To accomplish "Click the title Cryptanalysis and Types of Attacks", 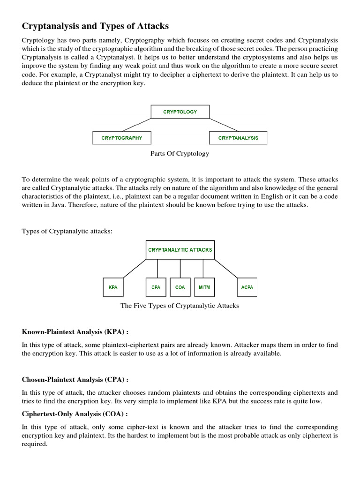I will [x=95, y=26].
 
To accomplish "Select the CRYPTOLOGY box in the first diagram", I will [x=180, y=112].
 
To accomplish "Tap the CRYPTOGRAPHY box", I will [x=121, y=138].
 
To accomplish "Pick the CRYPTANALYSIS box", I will [x=238, y=138].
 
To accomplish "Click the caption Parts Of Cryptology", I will [x=180, y=154].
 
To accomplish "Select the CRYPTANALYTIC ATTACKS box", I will [x=180, y=250].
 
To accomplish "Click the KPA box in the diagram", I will [x=113, y=287].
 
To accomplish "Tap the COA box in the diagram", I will [x=180, y=287].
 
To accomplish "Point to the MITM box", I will [x=204, y=287].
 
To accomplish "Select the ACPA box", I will [x=247, y=287].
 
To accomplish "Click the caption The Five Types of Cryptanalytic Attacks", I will [x=180, y=306].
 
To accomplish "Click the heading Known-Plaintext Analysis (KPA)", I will [x=75, y=332].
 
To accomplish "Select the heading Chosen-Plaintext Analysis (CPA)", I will [x=75, y=380].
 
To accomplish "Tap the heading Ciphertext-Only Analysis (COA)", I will [x=75, y=414].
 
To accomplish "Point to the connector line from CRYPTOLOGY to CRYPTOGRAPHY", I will [x=137, y=125].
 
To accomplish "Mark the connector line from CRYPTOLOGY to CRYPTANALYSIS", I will [x=223, y=125].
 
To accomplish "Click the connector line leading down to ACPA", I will [x=231, y=269].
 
